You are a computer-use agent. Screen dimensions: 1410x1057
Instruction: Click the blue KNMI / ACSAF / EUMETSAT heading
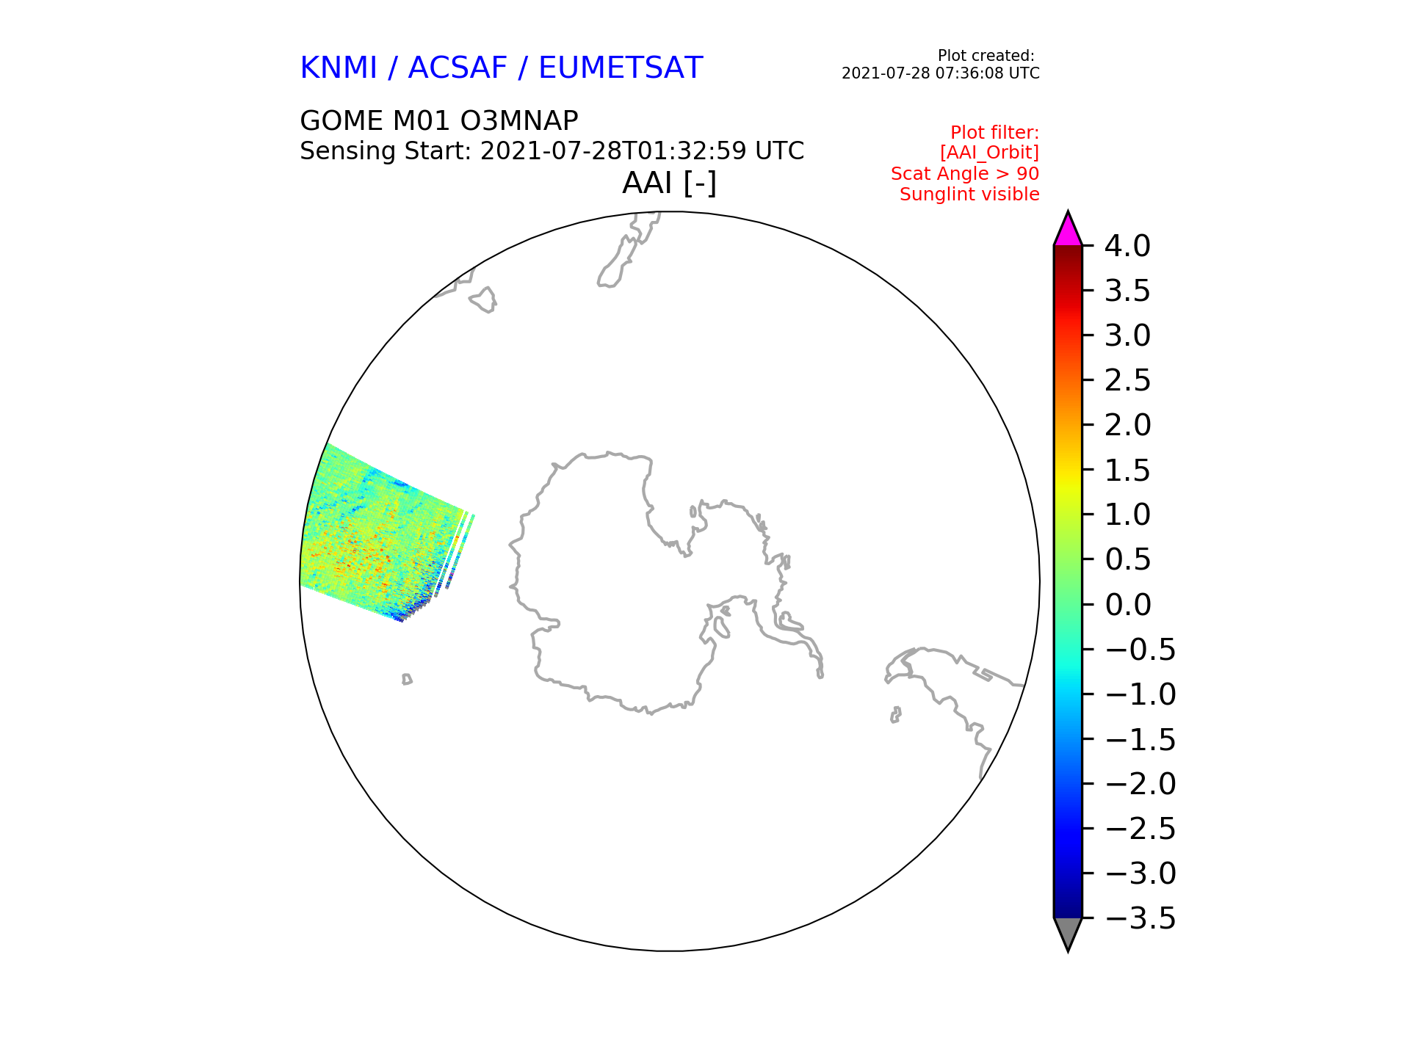point(502,68)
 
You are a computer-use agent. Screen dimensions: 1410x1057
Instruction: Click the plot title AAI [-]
point(669,183)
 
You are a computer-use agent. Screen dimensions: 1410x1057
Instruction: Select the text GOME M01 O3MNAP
point(439,120)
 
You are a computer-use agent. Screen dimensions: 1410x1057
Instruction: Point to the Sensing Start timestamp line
point(552,151)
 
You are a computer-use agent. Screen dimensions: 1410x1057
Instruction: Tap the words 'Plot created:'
point(986,56)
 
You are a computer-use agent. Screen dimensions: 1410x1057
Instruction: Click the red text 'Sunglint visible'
point(969,195)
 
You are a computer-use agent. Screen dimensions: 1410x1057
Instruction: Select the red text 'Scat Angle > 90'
point(965,174)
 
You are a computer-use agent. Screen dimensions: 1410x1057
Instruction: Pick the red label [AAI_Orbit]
point(989,153)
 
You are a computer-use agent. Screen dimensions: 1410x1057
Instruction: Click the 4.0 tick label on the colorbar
point(1127,246)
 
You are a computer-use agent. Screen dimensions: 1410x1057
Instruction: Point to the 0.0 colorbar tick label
point(1127,605)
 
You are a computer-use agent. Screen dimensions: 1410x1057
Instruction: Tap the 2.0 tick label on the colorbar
point(1127,425)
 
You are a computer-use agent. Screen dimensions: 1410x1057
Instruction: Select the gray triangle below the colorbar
point(1068,931)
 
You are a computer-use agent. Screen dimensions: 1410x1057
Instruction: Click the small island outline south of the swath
point(407,680)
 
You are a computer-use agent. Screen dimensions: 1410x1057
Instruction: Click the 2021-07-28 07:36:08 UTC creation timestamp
point(941,73)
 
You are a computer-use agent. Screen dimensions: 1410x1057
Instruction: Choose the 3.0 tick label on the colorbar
point(1127,335)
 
